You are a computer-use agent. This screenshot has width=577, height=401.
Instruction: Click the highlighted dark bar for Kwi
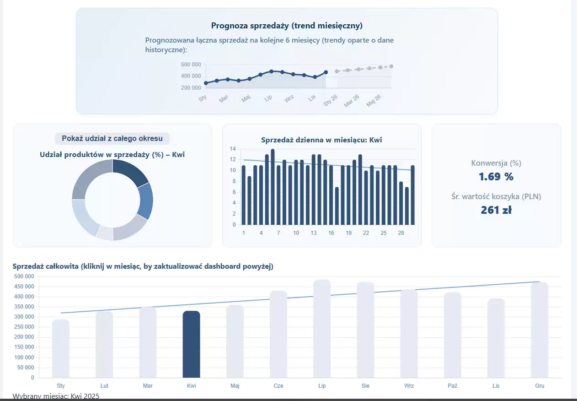click(x=191, y=344)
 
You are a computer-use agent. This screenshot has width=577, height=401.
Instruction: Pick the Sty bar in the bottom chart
click(x=61, y=348)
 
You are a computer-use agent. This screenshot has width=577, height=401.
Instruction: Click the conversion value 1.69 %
click(x=496, y=177)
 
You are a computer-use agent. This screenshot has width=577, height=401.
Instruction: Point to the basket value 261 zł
click(x=496, y=210)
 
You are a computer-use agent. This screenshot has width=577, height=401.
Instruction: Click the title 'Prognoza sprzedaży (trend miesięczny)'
click(x=287, y=26)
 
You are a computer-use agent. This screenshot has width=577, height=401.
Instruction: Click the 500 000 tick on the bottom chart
click(x=24, y=276)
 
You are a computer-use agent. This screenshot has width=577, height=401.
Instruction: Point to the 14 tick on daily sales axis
click(x=233, y=149)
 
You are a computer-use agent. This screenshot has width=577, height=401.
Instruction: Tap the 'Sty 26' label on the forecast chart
click(x=331, y=100)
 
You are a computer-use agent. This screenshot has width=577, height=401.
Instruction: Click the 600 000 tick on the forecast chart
click(x=191, y=65)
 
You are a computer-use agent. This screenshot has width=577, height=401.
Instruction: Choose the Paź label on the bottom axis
click(x=452, y=386)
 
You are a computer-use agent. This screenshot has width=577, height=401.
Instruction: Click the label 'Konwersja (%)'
click(x=496, y=163)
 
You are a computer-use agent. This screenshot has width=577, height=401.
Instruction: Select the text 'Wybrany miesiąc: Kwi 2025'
click(x=56, y=396)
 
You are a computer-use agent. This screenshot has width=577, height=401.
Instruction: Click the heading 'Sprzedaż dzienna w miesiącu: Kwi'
click(x=321, y=140)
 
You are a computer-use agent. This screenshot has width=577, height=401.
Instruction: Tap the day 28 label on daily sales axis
click(x=401, y=233)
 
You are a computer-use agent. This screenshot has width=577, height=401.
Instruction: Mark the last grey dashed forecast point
click(x=391, y=66)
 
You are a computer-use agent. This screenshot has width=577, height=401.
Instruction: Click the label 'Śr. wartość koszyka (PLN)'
click(x=496, y=197)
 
